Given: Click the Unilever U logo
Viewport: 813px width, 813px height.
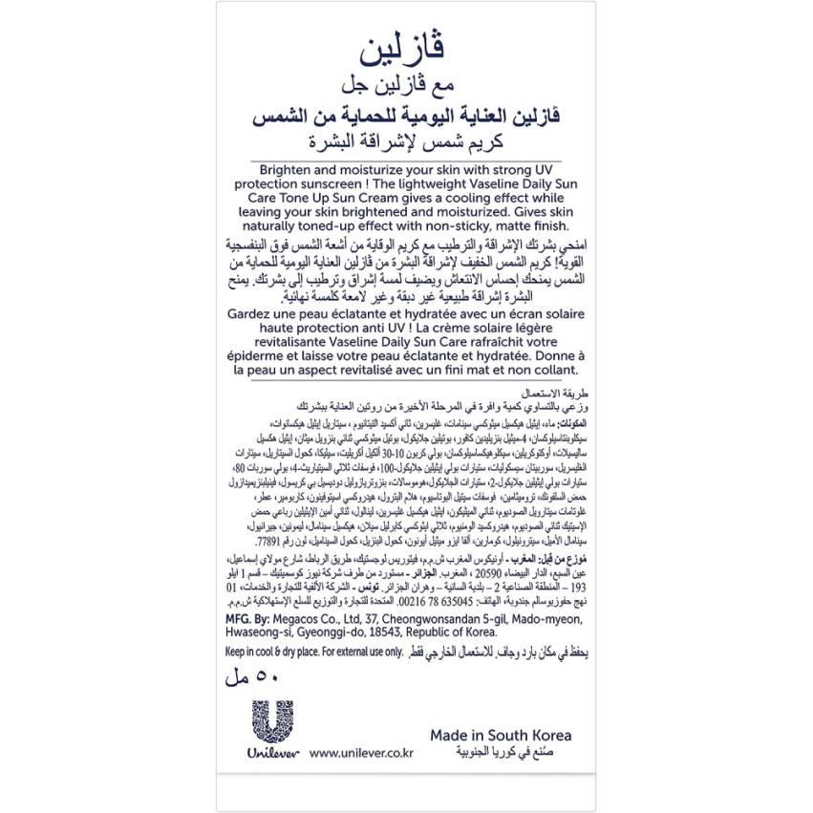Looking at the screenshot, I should (276, 725).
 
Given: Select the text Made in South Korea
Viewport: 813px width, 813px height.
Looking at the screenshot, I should (500, 736).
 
